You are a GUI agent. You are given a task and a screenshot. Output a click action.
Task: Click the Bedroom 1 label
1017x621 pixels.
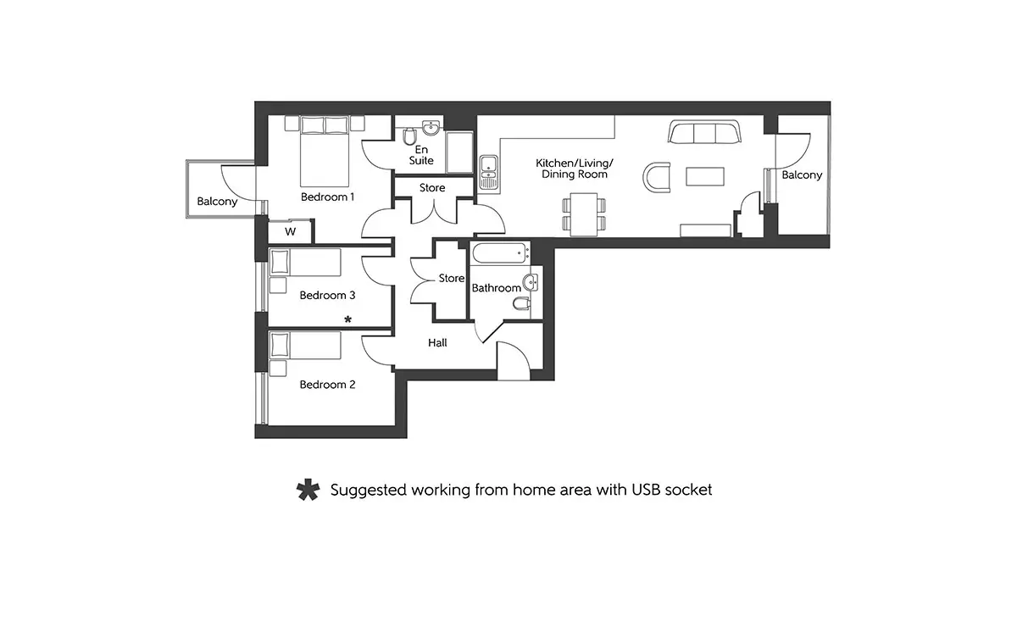click(327, 197)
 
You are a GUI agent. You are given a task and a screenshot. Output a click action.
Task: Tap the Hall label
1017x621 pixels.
click(437, 343)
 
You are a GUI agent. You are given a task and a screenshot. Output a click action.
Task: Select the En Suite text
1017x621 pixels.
click(421, 155)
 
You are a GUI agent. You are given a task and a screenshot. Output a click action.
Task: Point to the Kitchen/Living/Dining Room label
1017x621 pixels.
click(575, 169)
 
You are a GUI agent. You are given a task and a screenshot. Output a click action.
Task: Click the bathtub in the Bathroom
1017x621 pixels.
click(500, 253)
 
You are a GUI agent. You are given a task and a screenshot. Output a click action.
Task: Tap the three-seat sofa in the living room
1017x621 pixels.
click(704, 131)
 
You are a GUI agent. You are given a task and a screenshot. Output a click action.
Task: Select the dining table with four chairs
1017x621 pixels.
click(584, 214)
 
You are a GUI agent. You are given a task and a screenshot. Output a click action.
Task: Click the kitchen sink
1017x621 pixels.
click(489, 172)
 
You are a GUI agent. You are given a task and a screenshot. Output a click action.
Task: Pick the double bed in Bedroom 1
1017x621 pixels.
click(325, 152)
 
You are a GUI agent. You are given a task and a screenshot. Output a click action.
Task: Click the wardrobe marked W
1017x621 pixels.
click(290, 232)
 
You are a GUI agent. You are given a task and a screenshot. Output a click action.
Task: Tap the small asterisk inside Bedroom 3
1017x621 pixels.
click(347, 319)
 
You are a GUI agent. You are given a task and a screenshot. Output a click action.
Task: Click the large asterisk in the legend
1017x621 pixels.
click(308, 490)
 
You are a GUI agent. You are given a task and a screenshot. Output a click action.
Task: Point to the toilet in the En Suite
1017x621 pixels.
click(409, 136)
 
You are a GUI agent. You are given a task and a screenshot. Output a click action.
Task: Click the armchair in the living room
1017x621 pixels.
click(657, 178)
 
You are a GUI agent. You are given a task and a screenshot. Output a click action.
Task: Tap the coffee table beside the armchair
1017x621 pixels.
click(705, 176)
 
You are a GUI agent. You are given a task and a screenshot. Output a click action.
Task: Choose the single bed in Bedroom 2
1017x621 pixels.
click(305, 346)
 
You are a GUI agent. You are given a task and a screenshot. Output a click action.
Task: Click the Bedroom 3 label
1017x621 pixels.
click(327, 296)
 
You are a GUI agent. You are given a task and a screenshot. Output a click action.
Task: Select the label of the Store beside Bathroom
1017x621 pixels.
click(451, 278)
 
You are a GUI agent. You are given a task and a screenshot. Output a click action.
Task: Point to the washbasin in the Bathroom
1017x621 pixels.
click(531, 283)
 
